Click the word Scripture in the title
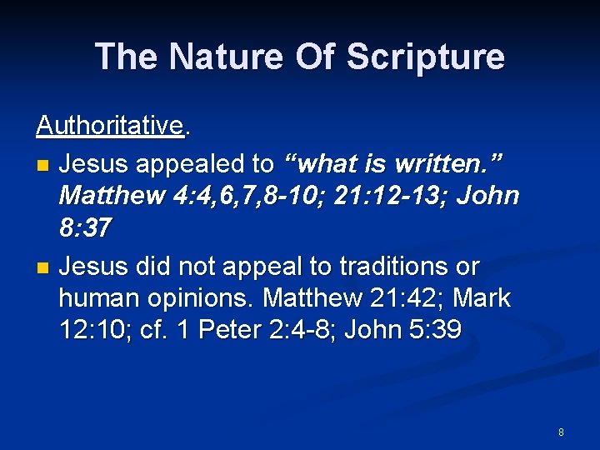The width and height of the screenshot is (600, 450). click(425, 57)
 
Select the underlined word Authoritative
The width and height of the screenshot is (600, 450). click(109, 125)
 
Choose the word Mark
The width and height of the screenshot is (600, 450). click(480, 298)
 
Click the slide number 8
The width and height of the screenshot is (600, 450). click(561, 432)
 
